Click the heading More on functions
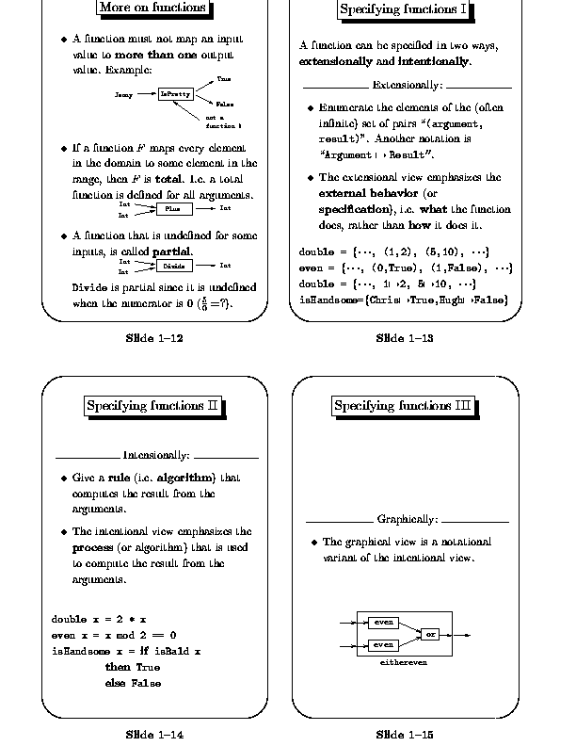152,8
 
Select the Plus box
172,208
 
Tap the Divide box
172,266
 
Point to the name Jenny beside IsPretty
123,95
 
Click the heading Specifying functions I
403,11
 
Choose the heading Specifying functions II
152,406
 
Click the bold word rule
119,478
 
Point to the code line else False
126,682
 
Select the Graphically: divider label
408,520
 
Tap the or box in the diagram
430,634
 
